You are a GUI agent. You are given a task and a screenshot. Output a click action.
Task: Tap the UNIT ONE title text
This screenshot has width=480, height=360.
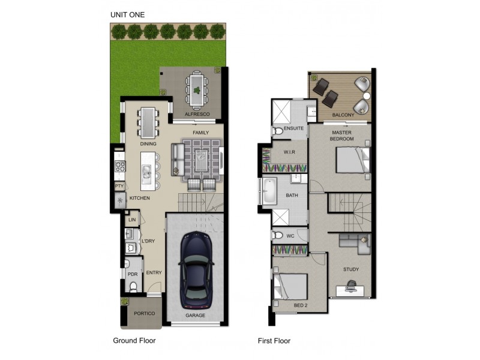point(127,14)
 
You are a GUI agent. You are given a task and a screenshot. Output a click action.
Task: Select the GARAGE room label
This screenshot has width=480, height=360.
point(195,315)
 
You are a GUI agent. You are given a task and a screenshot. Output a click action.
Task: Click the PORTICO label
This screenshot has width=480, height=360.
point(144,314)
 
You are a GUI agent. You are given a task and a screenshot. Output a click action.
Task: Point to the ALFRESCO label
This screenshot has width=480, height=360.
point(196,113)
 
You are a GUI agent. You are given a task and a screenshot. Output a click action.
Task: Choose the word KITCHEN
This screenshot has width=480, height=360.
point(139,198)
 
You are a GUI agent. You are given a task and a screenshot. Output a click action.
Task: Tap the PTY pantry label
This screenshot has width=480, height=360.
point(119,187)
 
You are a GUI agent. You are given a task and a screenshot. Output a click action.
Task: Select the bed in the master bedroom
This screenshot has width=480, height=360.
point(351,160)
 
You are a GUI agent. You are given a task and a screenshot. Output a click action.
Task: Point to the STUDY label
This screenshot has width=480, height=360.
point(351,269)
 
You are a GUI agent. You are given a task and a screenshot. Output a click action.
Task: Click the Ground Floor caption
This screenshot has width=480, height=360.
point(134,341)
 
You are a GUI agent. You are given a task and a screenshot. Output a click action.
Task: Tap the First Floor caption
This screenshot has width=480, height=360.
point(274,341)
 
